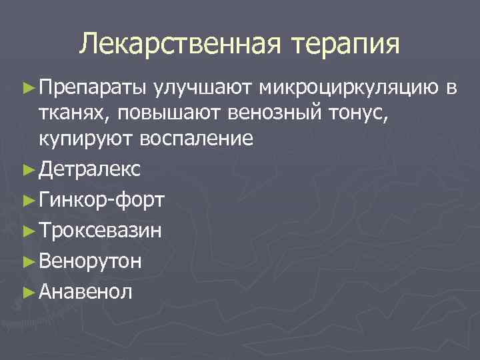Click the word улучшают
[x=204, y=87]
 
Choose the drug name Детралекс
[x=89, y=169]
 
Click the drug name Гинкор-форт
[x=103, y=200]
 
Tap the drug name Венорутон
[x=89, y=260]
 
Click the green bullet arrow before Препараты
[x=27, y=87]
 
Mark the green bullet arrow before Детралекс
[x=27, y=170]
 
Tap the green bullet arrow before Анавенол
[x=27, y=291]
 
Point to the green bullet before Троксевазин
[x=27, y=231]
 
